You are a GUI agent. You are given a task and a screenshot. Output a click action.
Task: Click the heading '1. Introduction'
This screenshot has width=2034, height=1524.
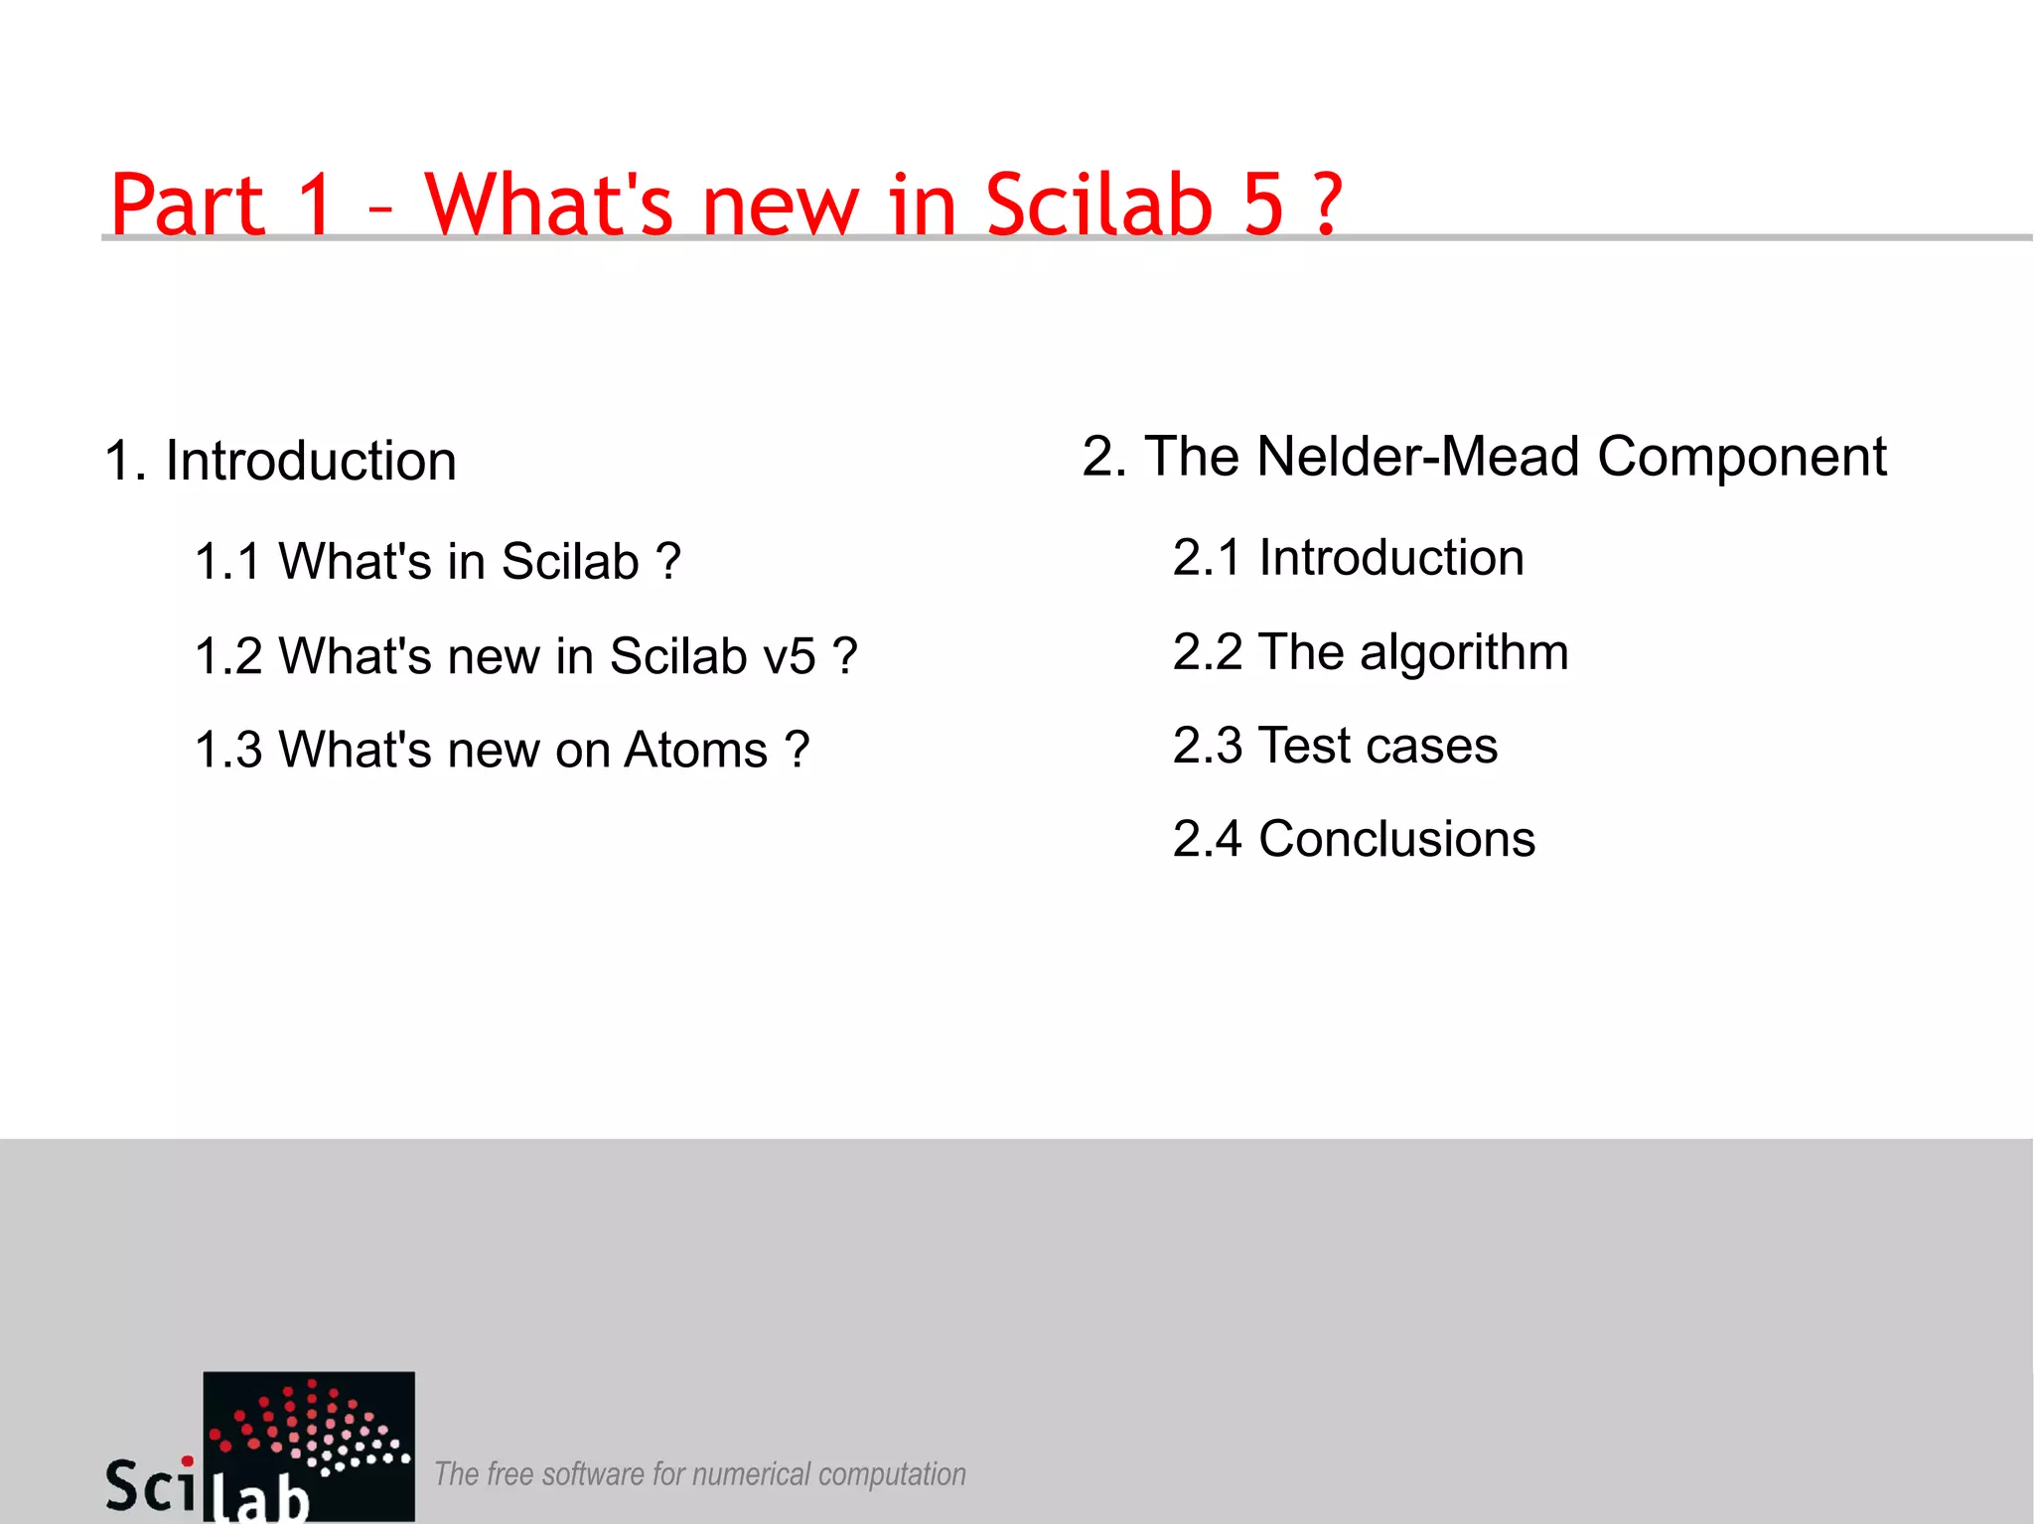click(x=280, y=461)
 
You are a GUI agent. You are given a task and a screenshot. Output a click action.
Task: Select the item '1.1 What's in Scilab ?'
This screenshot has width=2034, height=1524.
click(x=437, y=561)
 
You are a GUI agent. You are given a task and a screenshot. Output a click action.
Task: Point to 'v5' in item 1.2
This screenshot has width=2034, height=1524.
click(x=789, y=656)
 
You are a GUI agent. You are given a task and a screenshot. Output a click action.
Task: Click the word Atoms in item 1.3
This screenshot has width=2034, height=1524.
click(x=695, y=750)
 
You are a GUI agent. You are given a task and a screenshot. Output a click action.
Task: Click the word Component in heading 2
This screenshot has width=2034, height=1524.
click(x=1741, y=457)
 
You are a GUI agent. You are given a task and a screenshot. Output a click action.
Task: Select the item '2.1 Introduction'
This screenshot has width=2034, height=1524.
click(x=1348, y=557)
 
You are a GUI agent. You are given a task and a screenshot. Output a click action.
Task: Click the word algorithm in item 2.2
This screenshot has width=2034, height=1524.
click(x=1464, y=652)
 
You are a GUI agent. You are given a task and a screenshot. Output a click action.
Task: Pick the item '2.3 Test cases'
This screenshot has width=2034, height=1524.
click(x=1335, y=746)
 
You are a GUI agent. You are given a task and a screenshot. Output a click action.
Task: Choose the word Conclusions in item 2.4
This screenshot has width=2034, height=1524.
click(x=1396, y=839)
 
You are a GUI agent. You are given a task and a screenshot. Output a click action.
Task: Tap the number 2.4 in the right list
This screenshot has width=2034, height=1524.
click(x=1207, y=839)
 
